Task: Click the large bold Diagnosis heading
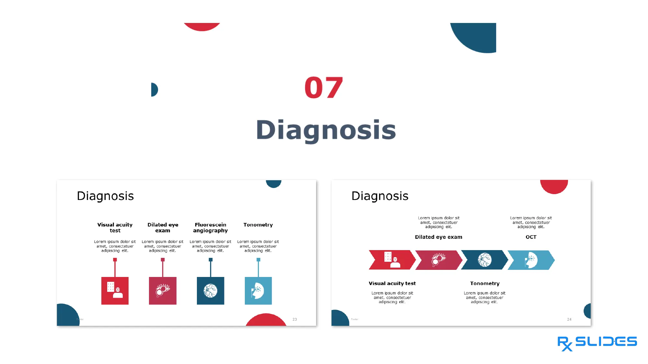point(326,130)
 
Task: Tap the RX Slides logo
point(597,343)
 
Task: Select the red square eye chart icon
point(115,291)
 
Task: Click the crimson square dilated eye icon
point(163,291)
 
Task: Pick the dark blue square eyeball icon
point(210,291)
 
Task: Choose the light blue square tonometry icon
point(258,291)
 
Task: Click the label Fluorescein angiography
point(210,227)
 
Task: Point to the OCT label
point(531,237)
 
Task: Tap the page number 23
point(295,319)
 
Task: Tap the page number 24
point(569,319)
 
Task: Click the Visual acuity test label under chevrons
point(392,283)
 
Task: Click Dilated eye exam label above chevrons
point(438,237)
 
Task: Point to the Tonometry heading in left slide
point(258,225)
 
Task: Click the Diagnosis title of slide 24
point(380,196)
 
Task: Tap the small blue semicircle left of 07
point(154,90)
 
